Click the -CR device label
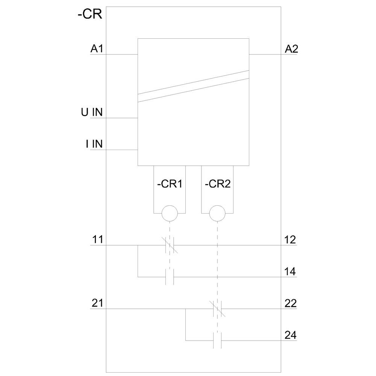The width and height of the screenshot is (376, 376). (90, 14)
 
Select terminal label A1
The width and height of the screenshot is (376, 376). (97, 49)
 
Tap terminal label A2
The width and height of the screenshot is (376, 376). (291, 49)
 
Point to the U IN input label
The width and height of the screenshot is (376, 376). (92, 112)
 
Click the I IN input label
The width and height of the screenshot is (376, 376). (94, 144)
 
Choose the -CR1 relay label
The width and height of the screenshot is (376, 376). (170, 184)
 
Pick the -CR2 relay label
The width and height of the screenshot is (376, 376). (218, 184)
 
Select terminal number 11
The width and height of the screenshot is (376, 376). (98, 239)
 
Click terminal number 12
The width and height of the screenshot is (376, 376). (290, 240)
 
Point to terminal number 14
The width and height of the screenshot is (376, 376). (290, 271)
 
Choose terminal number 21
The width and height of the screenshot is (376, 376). (97, 303)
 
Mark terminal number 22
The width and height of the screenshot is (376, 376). (291, 303)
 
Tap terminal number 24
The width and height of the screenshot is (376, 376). (291, 335)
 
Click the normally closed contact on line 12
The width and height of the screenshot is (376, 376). (170, 245)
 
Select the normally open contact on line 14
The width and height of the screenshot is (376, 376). (170, 277)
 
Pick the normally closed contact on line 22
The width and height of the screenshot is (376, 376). (217, 309)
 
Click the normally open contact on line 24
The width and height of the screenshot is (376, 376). (217, 341)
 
